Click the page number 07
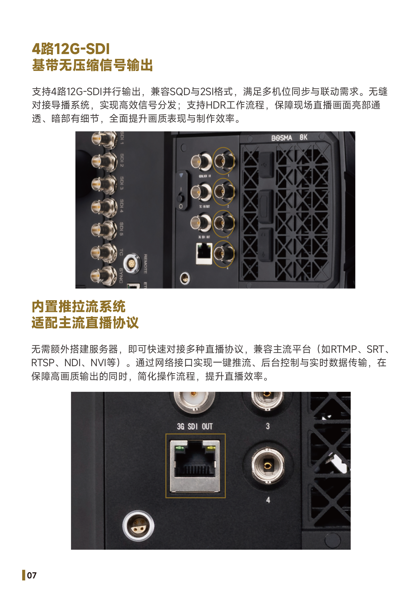pyautogui.click(x=32, y=575)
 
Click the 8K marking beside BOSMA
pyautogui.click(x=303, y=137)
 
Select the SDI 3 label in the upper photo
pyautogui.click(x=122, y=183)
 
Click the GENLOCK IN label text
pyautogui.click(x=205, y=176)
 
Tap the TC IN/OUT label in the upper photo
pyautogui.click(x=204, y=207)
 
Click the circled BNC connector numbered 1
pyautogui.click(x=223, y=161)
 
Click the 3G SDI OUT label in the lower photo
pyautogui.click(x=195, y=427)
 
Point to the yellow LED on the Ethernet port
pyautogui.click(x=211, y=448)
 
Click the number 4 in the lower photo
pyautogui.click(x=268, y=500)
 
